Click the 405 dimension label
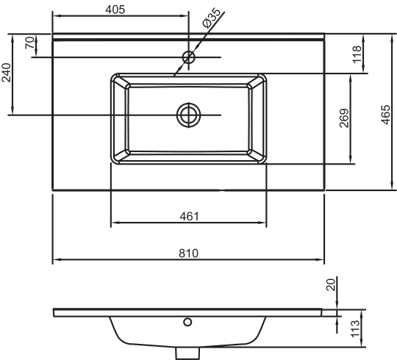115,10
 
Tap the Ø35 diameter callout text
212,18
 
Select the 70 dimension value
30,43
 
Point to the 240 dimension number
7,73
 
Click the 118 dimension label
357,54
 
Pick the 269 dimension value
344,118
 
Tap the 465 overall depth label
386,115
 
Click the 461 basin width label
190,217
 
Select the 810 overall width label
189,253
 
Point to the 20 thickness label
331,284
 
